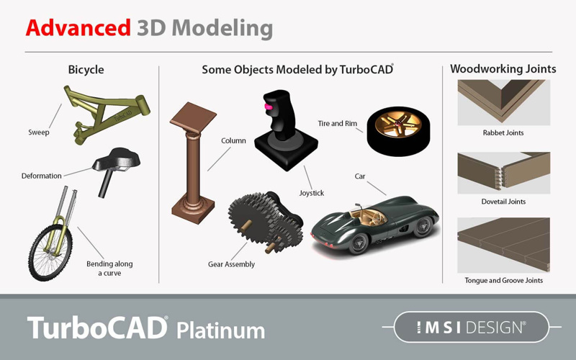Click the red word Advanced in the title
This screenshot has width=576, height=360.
click(x=78, y=28)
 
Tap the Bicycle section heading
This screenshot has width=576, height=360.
click(x=86, y=70)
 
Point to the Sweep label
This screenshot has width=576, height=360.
click(x=39, y=132)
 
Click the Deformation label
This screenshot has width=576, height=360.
click(x=41, y=176)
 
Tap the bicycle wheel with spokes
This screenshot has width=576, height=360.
click(x=50, y=253)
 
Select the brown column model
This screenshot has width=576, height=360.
click(x=193, y=163)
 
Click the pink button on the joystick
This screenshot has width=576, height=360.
click(x=269, y=107)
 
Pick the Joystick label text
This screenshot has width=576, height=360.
click(x=312, y=193)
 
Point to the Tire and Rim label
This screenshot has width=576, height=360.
click(x=337, y=123)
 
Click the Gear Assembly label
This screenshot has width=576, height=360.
click(x=231, y=264)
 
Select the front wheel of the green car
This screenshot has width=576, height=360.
click(x=358, y=243)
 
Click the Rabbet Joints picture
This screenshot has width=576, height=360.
click(x=503, y=102)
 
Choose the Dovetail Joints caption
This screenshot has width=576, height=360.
click(x=503, y=202)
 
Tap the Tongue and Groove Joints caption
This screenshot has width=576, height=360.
click(x=503, y=280)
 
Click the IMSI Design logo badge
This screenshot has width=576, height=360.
click(x=472, y=327)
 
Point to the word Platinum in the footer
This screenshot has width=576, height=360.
click(x=221, y=330)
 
